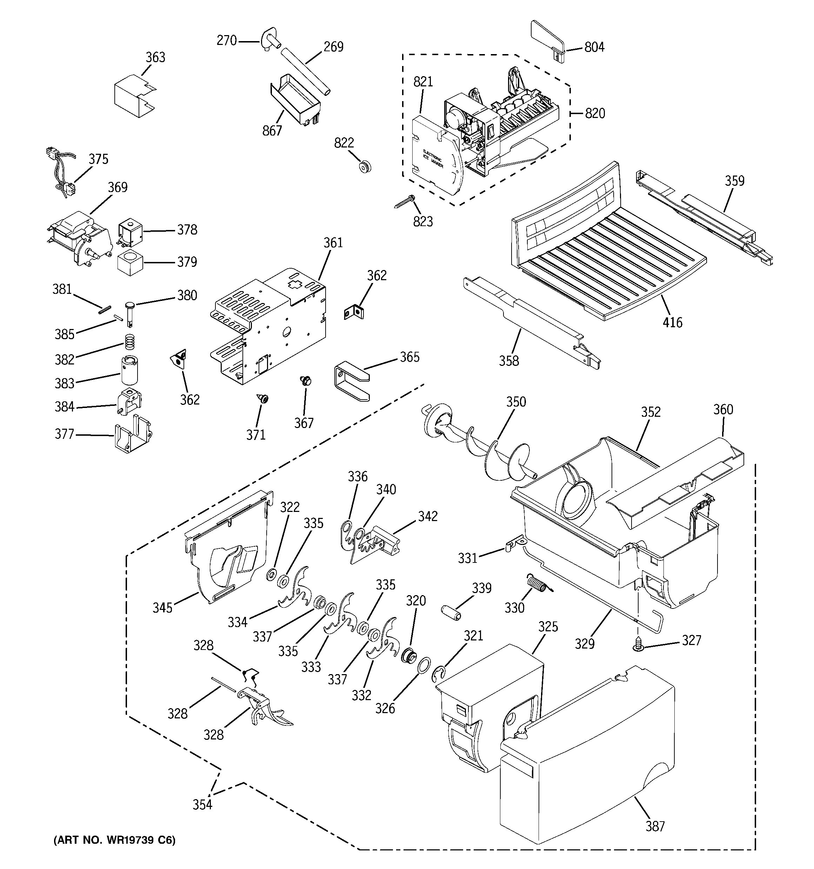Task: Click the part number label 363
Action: coord(155,57)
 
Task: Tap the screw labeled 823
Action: coord(404,202)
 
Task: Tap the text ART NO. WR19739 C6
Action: coord(114,840)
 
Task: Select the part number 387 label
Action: coord(655,826)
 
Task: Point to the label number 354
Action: coord(202,805)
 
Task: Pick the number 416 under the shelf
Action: coord(673,323)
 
